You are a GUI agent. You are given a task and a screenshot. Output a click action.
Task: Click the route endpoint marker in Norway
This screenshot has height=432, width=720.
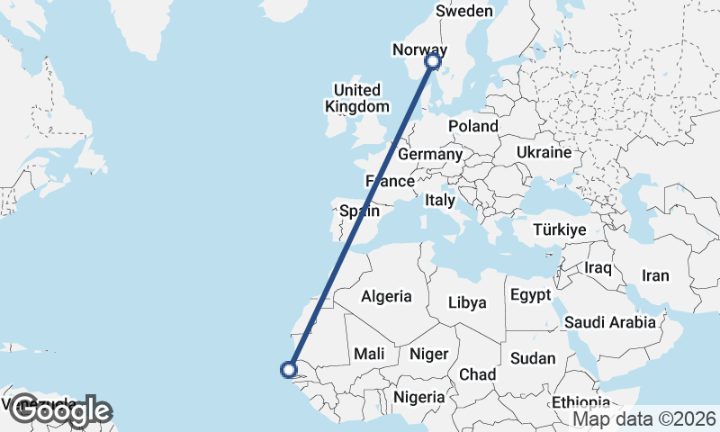433,61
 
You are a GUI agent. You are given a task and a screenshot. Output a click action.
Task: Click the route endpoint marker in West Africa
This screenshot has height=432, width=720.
289,368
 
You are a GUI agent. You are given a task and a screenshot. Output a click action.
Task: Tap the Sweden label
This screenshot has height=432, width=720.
464,12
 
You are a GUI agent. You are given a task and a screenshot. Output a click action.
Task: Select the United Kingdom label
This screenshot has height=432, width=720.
357,98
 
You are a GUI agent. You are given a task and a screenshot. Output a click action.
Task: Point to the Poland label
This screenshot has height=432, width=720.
473,126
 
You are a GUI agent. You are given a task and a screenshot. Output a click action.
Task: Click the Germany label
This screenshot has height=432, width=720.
429,155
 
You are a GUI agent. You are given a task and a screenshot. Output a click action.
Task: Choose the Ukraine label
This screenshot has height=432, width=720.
544,153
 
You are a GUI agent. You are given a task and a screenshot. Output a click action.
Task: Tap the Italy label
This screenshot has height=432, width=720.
441,200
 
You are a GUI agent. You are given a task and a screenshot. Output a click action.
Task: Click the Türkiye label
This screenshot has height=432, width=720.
560,230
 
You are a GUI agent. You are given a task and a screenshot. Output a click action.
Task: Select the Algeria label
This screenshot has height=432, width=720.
387,296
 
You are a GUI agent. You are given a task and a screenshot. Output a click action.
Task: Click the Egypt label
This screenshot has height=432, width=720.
530,295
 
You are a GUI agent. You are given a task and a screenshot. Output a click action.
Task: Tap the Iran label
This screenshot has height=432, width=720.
655,276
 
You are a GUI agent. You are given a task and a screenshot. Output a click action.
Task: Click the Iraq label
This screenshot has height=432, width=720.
598,268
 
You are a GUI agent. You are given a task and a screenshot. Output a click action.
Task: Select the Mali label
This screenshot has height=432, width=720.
370,355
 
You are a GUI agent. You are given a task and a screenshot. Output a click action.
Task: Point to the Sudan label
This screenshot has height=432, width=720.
533,358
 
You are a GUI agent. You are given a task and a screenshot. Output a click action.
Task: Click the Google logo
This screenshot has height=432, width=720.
59,411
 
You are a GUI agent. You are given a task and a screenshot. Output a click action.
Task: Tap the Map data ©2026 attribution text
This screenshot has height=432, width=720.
644,418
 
